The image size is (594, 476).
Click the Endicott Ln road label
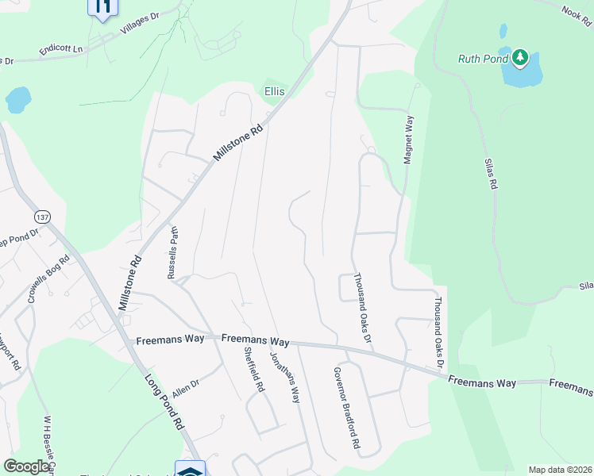[x=61, y=49]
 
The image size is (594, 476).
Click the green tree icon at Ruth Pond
[x=520, y=57]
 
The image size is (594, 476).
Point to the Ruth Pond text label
[x=483, y=58]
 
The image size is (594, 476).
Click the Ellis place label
[x=274, y=91]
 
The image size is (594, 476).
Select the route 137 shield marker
[x=43, y=217]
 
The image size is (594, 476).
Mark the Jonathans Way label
[x=284, y=377]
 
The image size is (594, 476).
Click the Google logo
[x=26, y=467]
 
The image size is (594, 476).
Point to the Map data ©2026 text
[x=560, y=470]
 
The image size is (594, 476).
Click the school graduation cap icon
[x=190, y=469]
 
